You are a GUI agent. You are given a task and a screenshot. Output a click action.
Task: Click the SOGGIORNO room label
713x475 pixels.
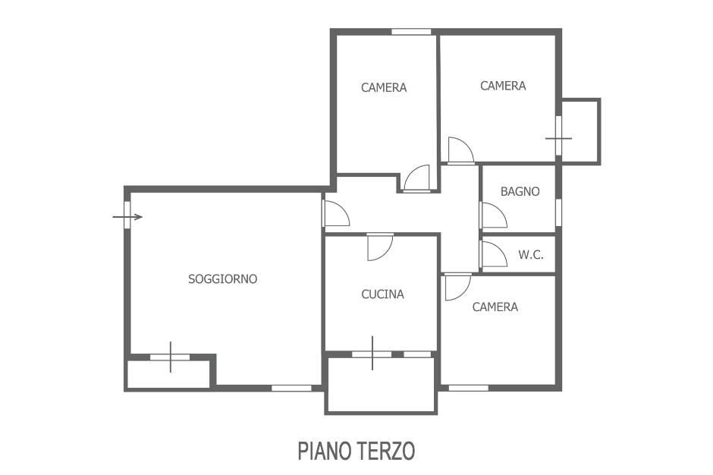223,278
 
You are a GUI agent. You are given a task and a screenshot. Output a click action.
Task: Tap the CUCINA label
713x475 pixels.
382,294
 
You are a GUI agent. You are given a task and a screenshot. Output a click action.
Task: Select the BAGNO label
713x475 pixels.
520,191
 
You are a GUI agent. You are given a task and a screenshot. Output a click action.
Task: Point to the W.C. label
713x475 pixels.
531,255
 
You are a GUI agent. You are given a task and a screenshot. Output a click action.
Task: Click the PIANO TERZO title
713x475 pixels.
356,451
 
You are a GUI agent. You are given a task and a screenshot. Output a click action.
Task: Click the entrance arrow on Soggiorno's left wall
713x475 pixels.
127,217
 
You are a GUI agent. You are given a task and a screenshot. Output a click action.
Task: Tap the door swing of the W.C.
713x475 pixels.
495,254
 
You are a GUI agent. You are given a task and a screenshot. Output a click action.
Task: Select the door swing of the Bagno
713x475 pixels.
495,215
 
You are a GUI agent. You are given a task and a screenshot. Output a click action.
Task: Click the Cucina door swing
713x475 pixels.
381,247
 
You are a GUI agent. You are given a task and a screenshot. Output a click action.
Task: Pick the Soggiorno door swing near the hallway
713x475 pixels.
337,213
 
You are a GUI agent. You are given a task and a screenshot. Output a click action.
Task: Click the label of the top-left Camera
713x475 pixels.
384,87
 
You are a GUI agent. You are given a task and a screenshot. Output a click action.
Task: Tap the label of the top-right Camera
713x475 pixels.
503,86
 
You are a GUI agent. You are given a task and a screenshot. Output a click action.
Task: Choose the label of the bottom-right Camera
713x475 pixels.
495,307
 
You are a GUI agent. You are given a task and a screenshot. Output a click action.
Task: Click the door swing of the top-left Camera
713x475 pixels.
416,178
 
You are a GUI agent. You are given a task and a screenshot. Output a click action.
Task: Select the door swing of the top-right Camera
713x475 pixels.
461,149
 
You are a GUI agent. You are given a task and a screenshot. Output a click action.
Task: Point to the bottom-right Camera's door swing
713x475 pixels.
458,287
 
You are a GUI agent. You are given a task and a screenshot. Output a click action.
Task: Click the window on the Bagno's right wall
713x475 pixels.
558,212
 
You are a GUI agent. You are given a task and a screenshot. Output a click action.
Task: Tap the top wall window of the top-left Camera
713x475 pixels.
411,32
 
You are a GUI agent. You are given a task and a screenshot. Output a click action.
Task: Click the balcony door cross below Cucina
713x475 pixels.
372,353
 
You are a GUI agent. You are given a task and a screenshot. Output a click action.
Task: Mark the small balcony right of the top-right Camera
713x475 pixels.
581,131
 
